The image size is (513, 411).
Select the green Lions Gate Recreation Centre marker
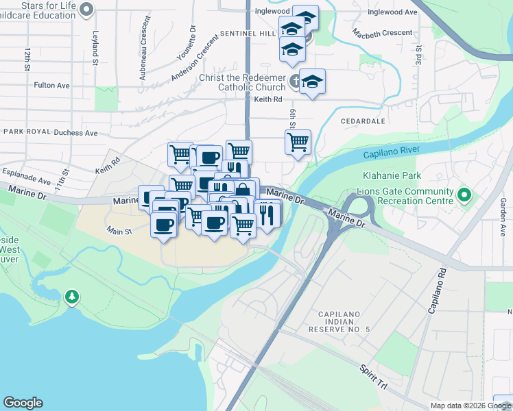[x=464, y=196]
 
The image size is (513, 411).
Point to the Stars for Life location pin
[x=86, y=9]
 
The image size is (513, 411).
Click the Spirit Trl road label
[x=374, y=377]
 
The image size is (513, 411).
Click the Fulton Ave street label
[x=52, y=86]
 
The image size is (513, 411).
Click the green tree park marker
[x=71, y=297]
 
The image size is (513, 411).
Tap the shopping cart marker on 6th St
[x=298, y=142]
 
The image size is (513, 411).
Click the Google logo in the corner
[x=23, y=403]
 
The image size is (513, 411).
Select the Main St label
[x=119, y=232]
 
